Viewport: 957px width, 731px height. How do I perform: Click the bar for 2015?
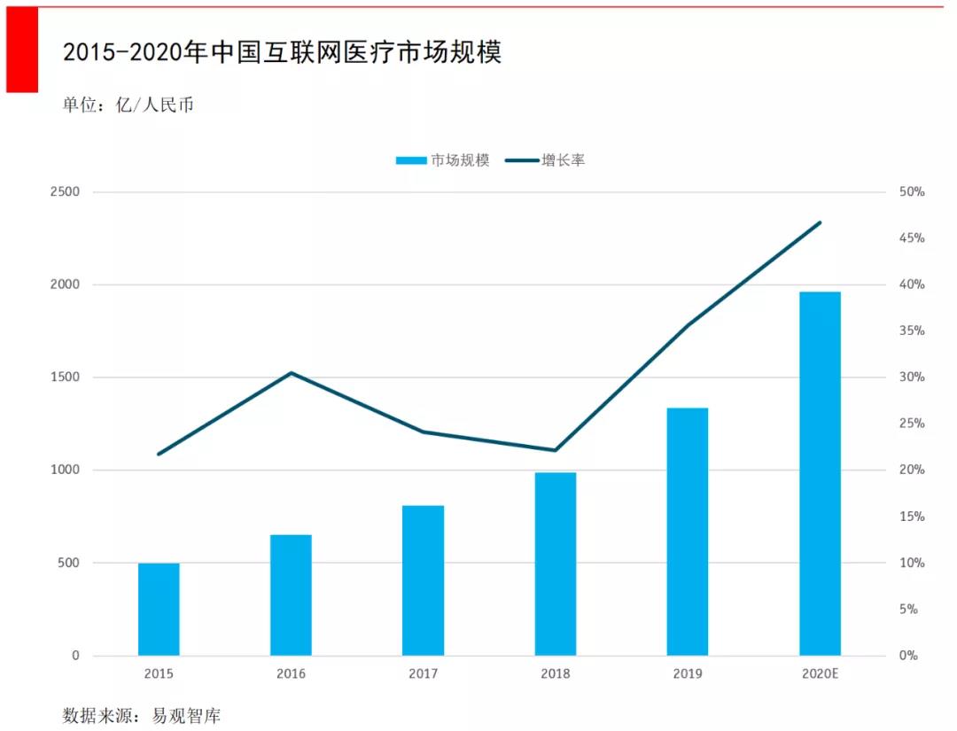(x=159, y=610)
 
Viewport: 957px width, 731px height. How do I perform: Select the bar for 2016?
(x=291, y=595)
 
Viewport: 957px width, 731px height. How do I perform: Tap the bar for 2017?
(x=423, y=580)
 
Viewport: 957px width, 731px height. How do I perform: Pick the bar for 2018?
(x=556, y=564)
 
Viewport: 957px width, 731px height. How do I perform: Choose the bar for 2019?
(x=688, y=532)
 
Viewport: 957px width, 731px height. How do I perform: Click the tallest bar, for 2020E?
(x=820, y=474)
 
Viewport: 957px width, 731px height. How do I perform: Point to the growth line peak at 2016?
(x=291, y=373)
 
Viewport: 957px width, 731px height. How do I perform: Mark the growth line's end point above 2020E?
(x=820, y=222)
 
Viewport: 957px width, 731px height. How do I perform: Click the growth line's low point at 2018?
(x=556, y=450)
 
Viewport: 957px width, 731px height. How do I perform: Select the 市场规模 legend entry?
(x=442, y=160)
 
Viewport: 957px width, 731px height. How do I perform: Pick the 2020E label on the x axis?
(x=820, y=674)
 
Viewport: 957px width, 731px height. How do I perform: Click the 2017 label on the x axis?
(x=423, y=674)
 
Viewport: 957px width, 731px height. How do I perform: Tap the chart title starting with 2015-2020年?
(x=282, y=52)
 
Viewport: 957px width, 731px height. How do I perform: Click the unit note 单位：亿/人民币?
(x=128, y=105)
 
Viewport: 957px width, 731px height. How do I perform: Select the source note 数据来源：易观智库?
(x=141, y=715)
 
